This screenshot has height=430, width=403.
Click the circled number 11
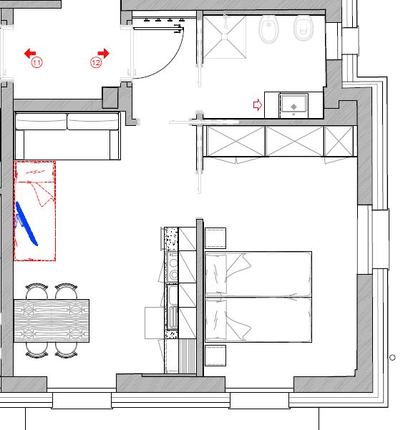tap(37, 62)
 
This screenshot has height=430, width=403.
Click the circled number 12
tap(96, 62)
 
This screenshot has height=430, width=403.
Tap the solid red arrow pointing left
tap(30, 54)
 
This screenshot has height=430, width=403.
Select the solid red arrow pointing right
tap(103, 53)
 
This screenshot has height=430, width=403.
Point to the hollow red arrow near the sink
tap(258, 104)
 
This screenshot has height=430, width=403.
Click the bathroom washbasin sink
tap(293, 104)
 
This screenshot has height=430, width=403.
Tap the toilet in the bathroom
tap(304, 27)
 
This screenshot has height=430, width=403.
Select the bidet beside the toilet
tap(269, 29)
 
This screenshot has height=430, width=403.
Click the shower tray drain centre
tap(225, 36)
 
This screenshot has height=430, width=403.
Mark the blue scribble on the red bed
tap(26, 223)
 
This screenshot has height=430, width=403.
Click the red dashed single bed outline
tap(35, 211)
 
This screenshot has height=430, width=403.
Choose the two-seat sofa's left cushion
tap(41, 122)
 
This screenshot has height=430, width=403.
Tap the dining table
tap(52, 321)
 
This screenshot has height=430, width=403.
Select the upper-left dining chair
tap(37, 291)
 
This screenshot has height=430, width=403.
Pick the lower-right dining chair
tap(66, 350)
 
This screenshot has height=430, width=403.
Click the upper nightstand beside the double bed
tap(215, 238)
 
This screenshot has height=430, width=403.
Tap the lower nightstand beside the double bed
tap(215, 356)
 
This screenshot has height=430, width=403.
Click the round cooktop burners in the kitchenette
tap(173, 268)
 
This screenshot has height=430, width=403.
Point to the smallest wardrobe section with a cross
tap(339, 141)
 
